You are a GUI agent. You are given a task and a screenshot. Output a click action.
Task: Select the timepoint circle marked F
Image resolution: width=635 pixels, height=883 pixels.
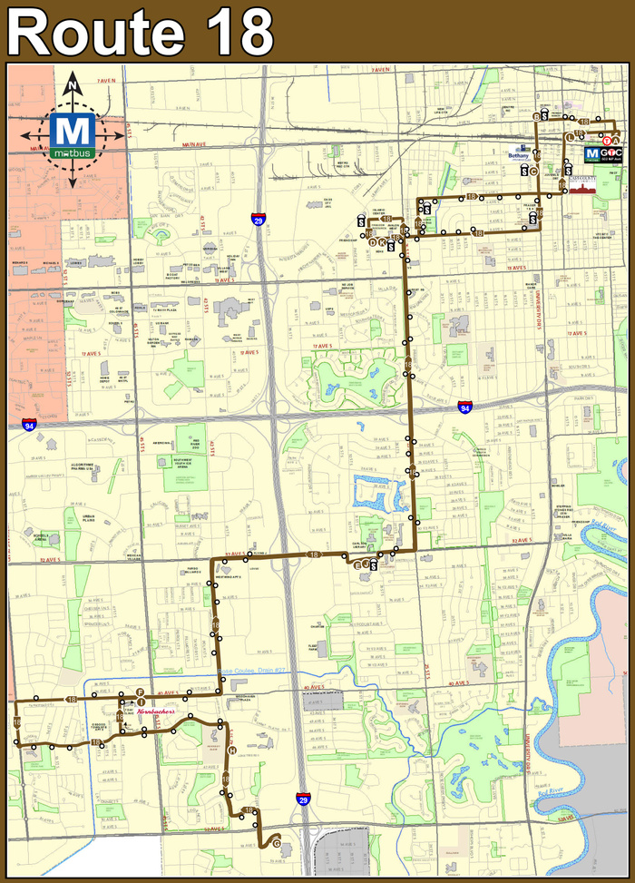(141, 692)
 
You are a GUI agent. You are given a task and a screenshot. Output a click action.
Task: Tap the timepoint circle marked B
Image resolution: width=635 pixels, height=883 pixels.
(536, 117)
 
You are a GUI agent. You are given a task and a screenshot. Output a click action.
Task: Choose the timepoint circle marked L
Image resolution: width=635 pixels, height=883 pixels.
(570, 137)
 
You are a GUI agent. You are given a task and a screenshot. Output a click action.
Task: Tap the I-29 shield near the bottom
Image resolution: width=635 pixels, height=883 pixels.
(302, 798)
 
